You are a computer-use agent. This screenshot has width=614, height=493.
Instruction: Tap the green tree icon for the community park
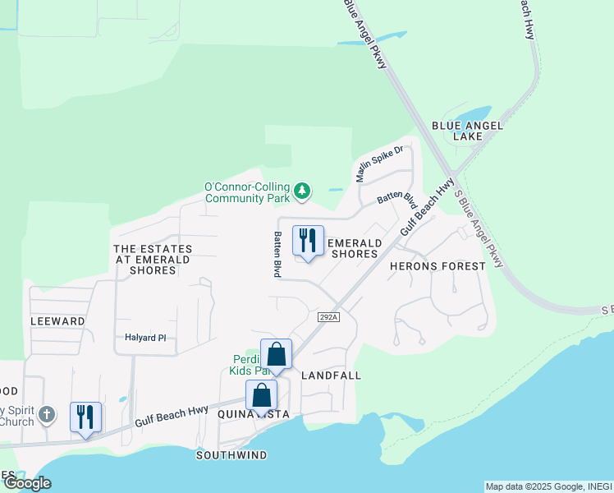pyautogui.click(x=303, y=191)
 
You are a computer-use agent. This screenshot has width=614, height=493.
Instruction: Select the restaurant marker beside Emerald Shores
pyautogui.click(x=308, y=242)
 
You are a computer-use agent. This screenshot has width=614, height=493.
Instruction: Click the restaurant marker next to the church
pyautogui.click(x=85, y=417)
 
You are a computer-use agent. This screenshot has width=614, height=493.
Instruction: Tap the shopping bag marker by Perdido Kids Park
pyautogui.click(x=277, y=355)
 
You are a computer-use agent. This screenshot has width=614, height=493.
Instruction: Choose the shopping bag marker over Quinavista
pyautogui.click(x=261, y=396)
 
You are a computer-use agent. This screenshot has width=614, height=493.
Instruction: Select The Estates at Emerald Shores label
pyautogui.click(x=152, y=259)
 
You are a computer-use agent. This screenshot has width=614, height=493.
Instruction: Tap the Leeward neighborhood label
pyautogui.click(x=57, y=321)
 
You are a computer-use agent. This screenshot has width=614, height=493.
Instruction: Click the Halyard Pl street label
pyautogui.click(x=145, y=338)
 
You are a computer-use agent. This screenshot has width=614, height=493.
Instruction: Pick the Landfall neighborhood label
pyautogui.click(x=332, y=375)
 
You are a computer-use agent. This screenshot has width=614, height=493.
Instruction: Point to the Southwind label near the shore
pyautogui.click(x=231, y=454)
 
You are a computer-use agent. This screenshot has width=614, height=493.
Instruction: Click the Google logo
pyautogui.click(x=26, y=483)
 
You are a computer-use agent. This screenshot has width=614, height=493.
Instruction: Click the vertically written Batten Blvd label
pyautogui.click(x=277, y=253)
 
